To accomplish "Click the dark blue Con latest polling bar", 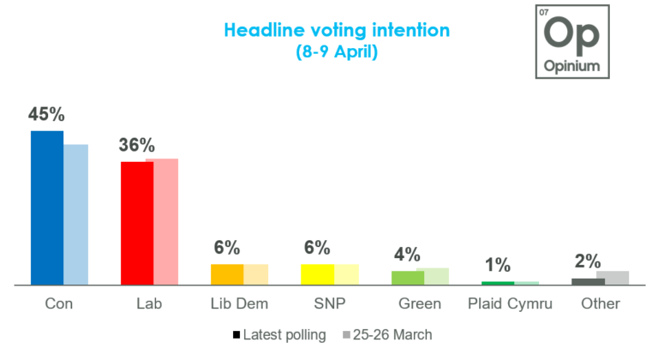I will coord(47,207).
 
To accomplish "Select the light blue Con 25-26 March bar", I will coord(75,214).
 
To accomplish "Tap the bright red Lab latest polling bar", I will coord(137,223).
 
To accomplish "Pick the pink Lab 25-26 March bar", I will coord(162,221).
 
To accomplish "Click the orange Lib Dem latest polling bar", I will coord(227,274).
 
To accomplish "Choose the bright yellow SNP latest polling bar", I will coord(317,274).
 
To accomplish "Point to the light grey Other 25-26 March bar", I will coord(613,278).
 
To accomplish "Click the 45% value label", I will coord(48,114).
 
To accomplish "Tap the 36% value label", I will coord(136,145).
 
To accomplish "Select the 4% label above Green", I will coord(407,254).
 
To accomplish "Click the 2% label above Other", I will coord(588,261).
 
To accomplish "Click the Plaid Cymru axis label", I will coord(511,304).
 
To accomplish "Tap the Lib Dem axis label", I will coord(239,304).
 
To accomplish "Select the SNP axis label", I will coord(330,304).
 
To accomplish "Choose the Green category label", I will coord(420,304).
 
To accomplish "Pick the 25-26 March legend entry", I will coord(386,335).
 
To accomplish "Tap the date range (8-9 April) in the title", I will coord(336,51).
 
